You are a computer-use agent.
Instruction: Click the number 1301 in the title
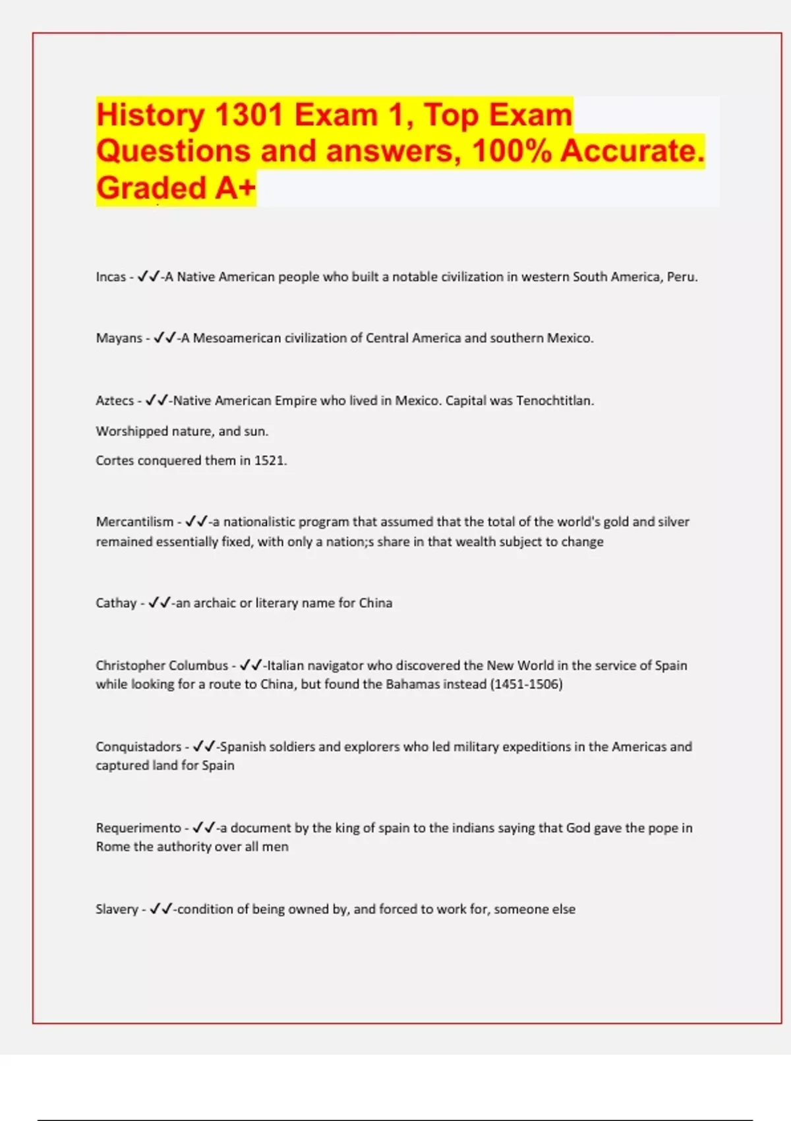(x=249, y=115)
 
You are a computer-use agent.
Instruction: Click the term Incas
(x=111, y=277)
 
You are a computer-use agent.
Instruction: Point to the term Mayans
(x=119, y=338)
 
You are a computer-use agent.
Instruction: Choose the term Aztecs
(x=115, y=401)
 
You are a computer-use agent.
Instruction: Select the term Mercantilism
(x=134, y=522)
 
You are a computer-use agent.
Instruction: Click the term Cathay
(x=116, y=603)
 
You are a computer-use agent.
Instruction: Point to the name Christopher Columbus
(x=161, y=666)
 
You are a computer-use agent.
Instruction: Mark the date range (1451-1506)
(x=526, y=684)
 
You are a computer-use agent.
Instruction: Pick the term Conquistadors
(x=138, y=747)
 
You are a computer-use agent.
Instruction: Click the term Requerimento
(x=138, y=828)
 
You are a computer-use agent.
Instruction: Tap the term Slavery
(x=117, y=909)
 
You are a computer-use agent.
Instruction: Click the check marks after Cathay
(x=160, y=603)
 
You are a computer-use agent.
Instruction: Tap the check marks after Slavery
(x=161, y=909)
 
